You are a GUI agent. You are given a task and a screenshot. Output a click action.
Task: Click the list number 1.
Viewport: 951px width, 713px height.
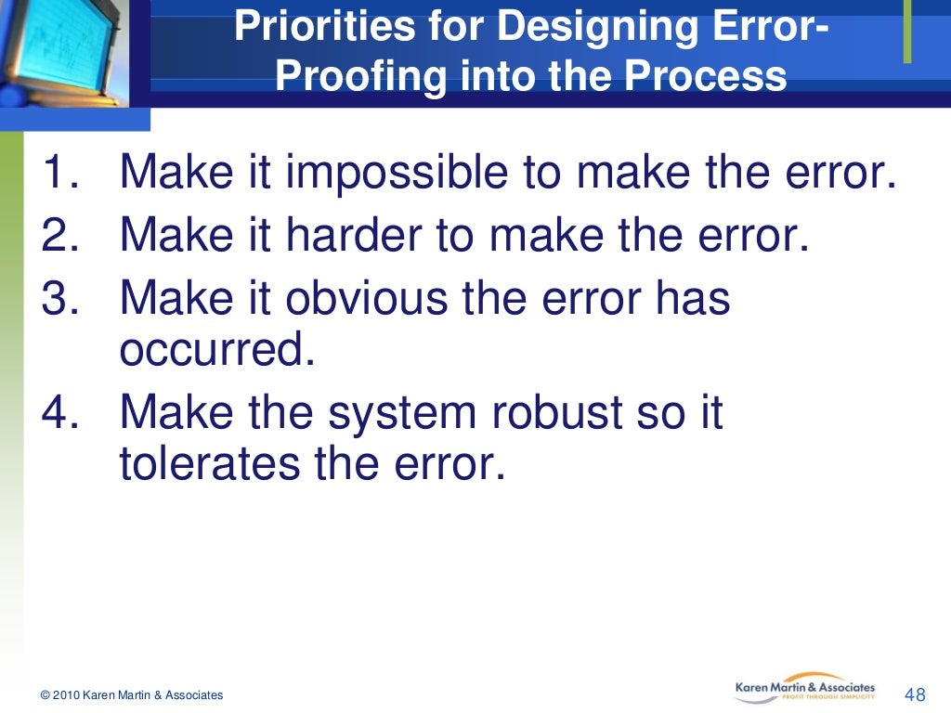(x=63, y=174)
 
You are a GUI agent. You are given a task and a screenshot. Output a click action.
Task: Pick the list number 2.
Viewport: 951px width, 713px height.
(x=63, y=236)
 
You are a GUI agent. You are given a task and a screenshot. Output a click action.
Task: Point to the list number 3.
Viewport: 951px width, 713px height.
(x=63, y=298)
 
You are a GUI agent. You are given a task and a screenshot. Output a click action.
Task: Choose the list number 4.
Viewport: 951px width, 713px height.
(x=63, y=413)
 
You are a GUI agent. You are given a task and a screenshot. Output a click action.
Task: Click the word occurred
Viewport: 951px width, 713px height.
(x=212, y=351)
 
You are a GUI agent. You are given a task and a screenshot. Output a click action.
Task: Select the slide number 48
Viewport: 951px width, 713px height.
(x=915, y=695)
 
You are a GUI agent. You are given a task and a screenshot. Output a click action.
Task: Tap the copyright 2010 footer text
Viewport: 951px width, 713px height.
(x=131, y=695)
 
